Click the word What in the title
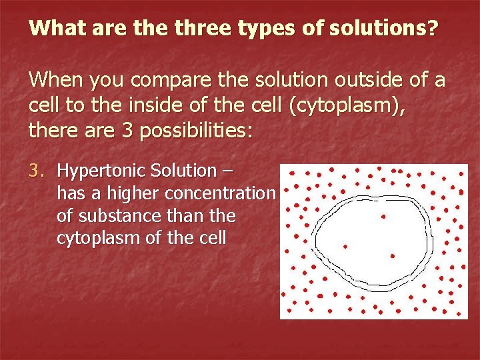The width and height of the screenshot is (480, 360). click(x=54, y=29)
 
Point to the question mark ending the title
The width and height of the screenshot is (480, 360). click(x=433, y=29)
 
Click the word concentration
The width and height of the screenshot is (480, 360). click(x=219, y=193)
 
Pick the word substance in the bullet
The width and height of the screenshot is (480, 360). click(x=117, y=216)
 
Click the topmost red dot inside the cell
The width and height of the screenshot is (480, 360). click(x=383, y=216)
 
